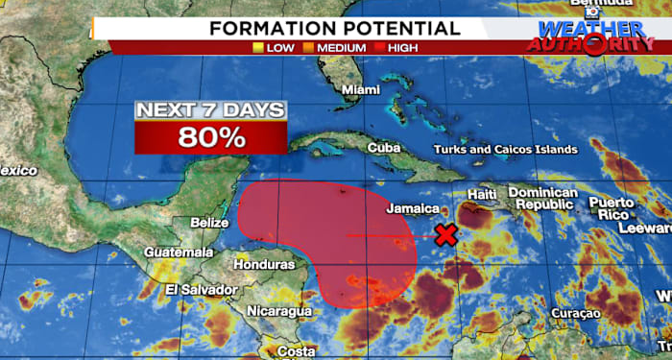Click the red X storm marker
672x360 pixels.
pos(445,235)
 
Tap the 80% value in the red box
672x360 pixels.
pos(210,136)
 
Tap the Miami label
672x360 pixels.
pos(360,90)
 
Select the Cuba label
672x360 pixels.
pos(383,148)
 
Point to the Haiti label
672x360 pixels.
pos(481,195)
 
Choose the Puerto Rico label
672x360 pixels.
pos(612,208)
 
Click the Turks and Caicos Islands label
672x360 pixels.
pos(506,150)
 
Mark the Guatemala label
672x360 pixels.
pos(179,252)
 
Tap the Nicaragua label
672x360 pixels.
pos(279,311)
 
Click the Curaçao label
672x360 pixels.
pos(576,314)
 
